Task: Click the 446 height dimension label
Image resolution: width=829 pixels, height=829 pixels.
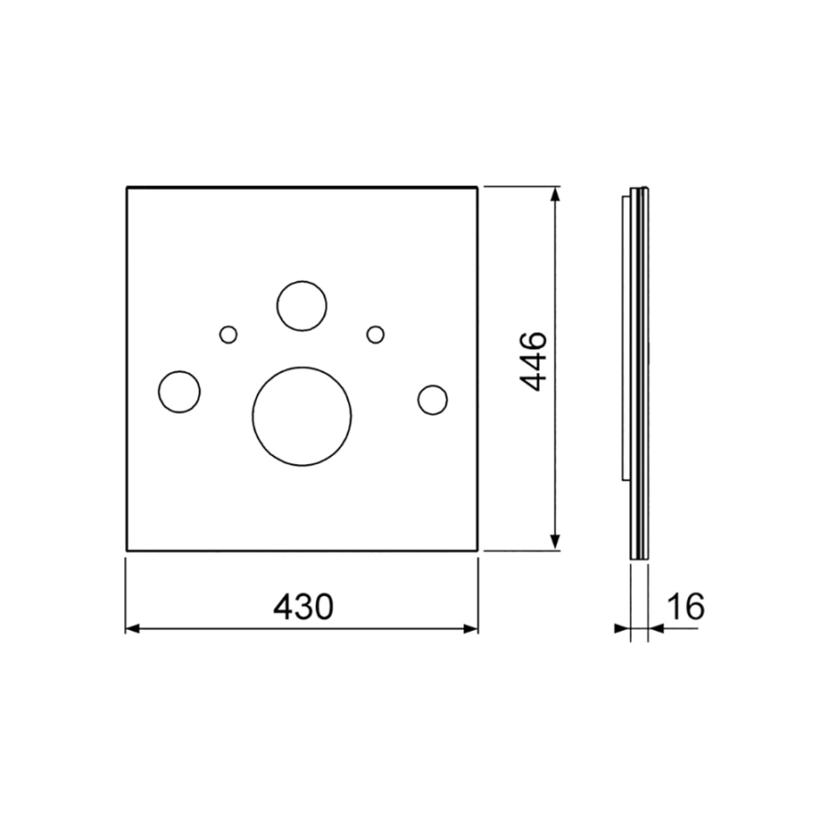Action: point(531,362)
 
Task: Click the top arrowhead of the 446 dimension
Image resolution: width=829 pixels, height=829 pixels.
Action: point(555,193)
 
